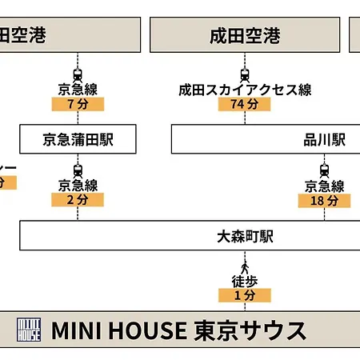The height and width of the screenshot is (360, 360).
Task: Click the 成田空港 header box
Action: point(245,34)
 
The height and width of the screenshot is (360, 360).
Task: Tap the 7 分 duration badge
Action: point(78,104)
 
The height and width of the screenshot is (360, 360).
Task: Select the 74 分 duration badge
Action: point(245,104)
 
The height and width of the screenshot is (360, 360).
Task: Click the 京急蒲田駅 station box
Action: point(78,139)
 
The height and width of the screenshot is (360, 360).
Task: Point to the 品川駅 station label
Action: point(325,139)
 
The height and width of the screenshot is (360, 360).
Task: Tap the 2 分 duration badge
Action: point(78,200)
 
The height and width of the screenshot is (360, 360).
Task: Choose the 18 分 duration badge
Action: point(324,201)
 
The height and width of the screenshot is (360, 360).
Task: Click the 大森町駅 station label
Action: point(245,236)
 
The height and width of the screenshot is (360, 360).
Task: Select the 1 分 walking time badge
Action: point(245,295)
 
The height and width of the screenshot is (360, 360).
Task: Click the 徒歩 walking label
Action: point(245,282)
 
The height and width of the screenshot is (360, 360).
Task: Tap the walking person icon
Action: point(245,268)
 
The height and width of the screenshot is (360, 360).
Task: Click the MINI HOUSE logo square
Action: point(29,330)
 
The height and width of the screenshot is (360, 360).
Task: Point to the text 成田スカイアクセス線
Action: point(245,90)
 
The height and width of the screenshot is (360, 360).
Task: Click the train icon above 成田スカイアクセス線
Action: point(245,75)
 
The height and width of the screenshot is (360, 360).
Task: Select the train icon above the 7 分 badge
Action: point(78,75)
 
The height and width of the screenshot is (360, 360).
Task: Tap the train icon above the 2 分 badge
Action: point(78,171)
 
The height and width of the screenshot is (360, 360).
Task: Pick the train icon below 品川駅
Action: point(324,171)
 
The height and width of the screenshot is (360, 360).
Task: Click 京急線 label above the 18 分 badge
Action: point(325,186)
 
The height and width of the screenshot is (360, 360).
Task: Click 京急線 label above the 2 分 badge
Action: point(78,186)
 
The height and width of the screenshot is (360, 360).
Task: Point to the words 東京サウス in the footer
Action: point(250,330)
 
